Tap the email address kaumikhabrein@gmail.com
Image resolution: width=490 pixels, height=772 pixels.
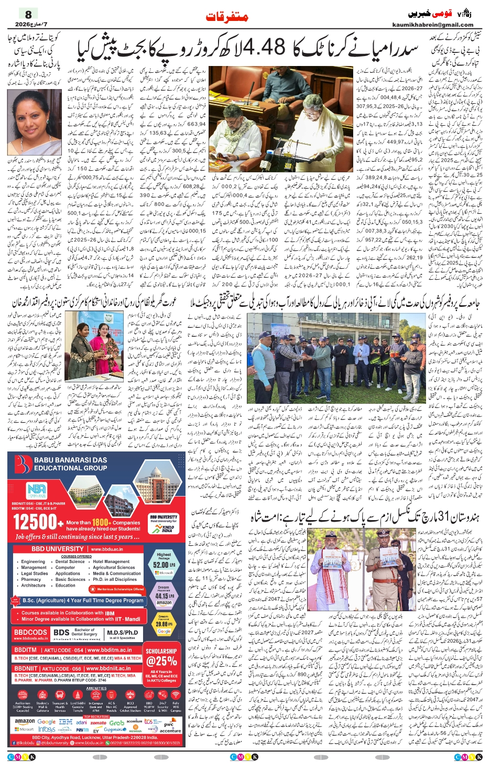click(432, 25)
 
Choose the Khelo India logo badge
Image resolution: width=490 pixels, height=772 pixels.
click(165, 524)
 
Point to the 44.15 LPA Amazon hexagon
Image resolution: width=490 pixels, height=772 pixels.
click(164, 595)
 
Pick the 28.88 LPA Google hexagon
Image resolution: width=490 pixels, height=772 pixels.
click(164, 624)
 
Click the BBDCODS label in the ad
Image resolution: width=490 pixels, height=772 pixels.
click(31, 633)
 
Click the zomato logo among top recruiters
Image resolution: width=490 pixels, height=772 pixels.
click(98, 722)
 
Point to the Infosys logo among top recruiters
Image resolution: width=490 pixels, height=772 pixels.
click(47, 729)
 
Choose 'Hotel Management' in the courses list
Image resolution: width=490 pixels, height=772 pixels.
click(112, 561)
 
